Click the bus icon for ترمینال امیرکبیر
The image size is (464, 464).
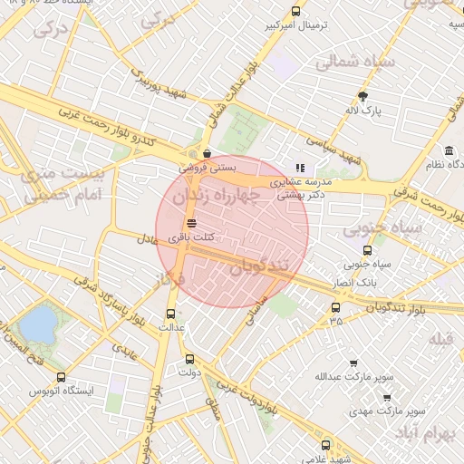(x=295, y=12)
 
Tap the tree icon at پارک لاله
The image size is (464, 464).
(x=363, y=96)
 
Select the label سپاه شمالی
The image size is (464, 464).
(x=356, y=63)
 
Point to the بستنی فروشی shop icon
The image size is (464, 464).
(x=208, y=153)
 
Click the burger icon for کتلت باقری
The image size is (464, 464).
(x=190, y=223)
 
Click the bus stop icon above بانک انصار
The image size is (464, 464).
(x=367, y=250)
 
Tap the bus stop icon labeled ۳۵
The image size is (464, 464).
(x=336, y=307)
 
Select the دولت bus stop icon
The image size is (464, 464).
(x=188, y=358)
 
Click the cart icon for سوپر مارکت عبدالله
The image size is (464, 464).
(x=353, y=362)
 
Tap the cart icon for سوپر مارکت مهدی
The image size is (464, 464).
(x=387, y=397)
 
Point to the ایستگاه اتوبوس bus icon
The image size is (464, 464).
(x=61, y=377)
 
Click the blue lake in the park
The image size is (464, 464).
(x=37, y=324)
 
